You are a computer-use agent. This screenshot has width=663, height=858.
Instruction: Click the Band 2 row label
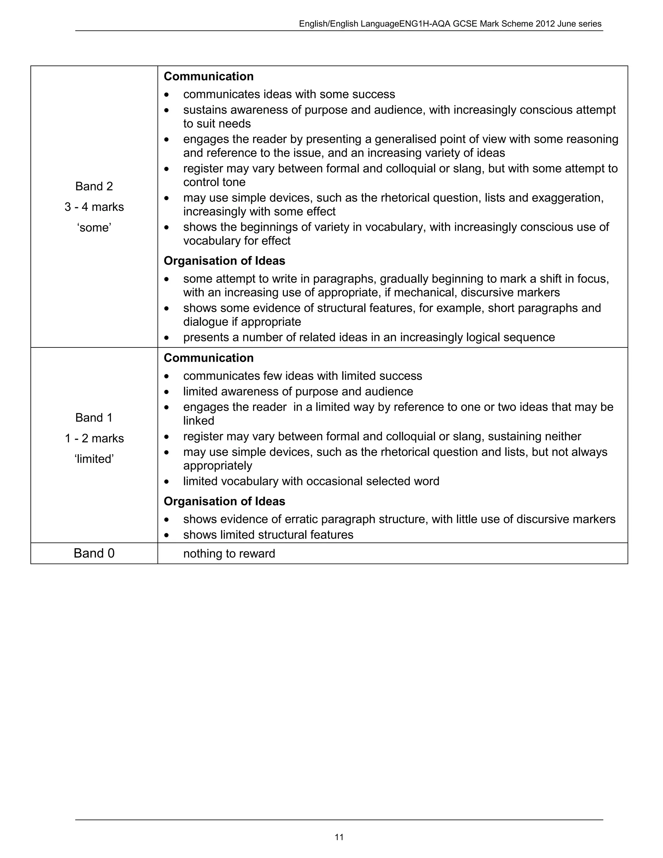coord(94,186)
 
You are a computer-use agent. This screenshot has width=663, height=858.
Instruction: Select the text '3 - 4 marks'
coord(94,207)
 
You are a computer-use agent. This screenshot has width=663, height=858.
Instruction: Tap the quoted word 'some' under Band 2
coord(94,228)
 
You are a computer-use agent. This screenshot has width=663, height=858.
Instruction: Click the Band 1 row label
coord(94,417)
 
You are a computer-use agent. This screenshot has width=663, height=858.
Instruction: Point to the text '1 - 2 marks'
coord(94,438)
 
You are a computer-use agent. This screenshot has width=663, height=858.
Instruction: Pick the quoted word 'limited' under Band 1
coord(94,459)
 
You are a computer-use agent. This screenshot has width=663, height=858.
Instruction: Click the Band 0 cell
coord(94,553)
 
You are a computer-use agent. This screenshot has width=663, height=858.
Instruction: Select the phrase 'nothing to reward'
coord(229,554)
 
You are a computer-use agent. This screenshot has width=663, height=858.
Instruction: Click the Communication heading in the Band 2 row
coord(208,76)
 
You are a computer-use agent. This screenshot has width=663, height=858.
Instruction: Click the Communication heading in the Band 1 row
coord(208,358)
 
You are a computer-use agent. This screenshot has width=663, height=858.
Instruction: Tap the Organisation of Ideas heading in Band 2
coord(224,261)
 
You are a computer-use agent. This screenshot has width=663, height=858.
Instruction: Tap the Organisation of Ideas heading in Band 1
coord(224,501)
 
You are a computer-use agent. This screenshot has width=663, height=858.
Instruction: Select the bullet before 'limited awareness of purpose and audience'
coord(167,392)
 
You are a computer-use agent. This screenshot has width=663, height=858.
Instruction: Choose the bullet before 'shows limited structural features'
coord(167,536)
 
